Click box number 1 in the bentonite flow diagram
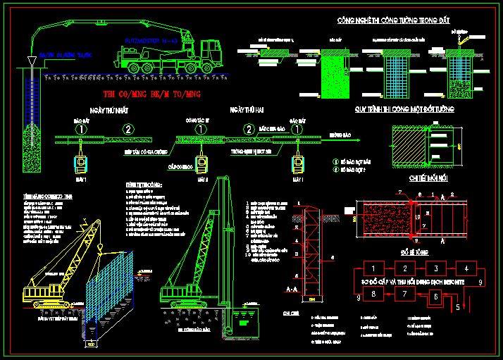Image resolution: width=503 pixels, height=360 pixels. click(374, 268)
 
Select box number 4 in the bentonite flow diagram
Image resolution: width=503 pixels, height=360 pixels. click(466, 268)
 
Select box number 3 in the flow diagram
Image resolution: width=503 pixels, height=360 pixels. click(436, 268)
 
